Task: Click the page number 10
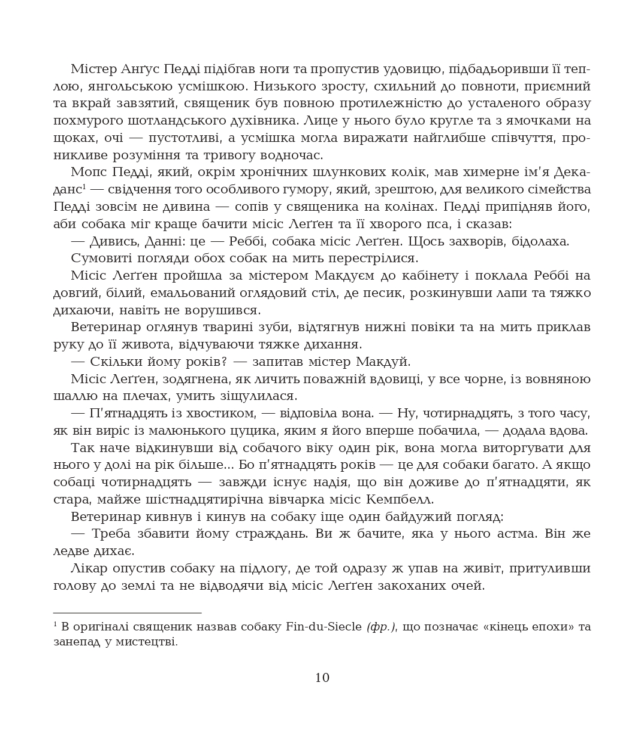click(322, 678)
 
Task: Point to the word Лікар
click(89, 568)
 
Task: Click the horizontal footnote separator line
click(127, 612)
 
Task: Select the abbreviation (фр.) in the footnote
click(381, 627)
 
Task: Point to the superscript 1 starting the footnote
click(55, 624)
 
